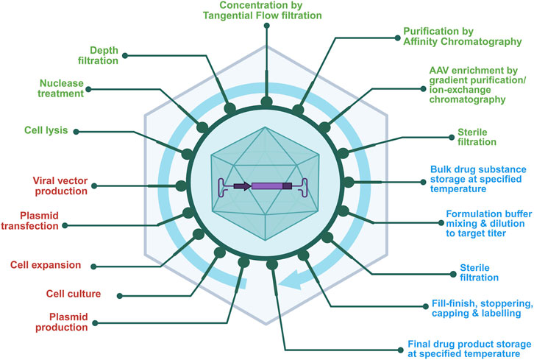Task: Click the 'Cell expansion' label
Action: (x=44, y=264)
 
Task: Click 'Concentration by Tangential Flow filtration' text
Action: (x=267, y=11)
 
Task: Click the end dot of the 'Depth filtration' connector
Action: (x=126, y=55)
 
